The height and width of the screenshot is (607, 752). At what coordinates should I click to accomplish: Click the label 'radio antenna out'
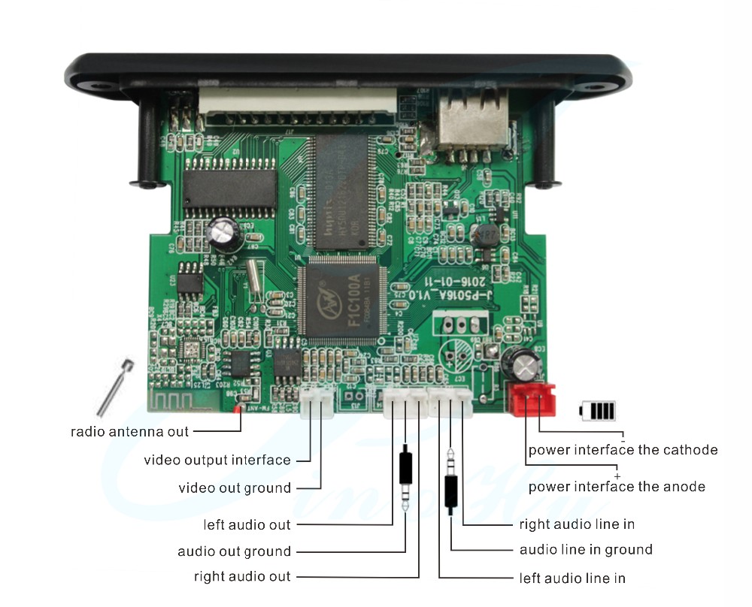[x=129, y=432]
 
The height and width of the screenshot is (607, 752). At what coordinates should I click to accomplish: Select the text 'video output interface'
[x=217, y=460]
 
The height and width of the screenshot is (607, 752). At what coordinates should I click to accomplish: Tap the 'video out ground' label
[x=235, y=488]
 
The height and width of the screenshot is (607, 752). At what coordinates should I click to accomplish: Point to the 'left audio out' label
[x=247, y=524]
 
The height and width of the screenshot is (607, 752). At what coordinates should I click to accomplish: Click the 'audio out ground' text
[x=234, y=551]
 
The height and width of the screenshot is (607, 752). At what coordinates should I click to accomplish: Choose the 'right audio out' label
[x=242, y=577]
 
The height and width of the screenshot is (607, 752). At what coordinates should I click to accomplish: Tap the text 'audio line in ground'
[x=586, y=550]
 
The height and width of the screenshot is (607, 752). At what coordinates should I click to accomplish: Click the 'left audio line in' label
[x=572, y=578]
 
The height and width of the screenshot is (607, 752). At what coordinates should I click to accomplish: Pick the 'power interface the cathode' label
[x=623, y=450]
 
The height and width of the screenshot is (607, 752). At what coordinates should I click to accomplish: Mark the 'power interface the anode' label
[x=617, y=487]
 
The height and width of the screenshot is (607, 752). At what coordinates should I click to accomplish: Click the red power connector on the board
[x=532, y=399]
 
